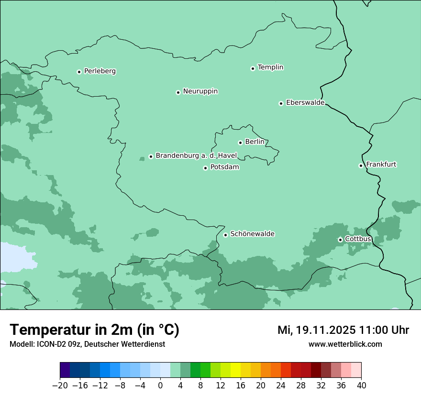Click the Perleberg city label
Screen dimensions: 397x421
point(100,71)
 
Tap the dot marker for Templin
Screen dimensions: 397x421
point(253,68)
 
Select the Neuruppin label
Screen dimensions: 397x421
point(200,91)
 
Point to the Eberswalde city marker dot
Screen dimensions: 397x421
point(281,103)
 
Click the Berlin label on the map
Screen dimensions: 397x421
point(255,142)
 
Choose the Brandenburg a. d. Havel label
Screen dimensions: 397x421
point(196,156)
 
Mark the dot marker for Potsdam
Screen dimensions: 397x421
point(205,168)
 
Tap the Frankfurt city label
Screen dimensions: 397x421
point(381,165)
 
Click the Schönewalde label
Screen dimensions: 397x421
point(252,234)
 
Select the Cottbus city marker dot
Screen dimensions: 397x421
point(340,240)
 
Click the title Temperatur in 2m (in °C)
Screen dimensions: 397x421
point(95,330)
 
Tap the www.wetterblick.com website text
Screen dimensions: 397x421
point(345,344)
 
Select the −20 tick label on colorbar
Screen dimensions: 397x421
point(60,386)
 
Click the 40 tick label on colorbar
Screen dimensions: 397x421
point(361,386)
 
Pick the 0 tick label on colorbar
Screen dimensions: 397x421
point(160,386)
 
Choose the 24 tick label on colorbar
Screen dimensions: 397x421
point(281,386)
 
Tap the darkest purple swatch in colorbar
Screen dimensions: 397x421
point(65,370)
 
